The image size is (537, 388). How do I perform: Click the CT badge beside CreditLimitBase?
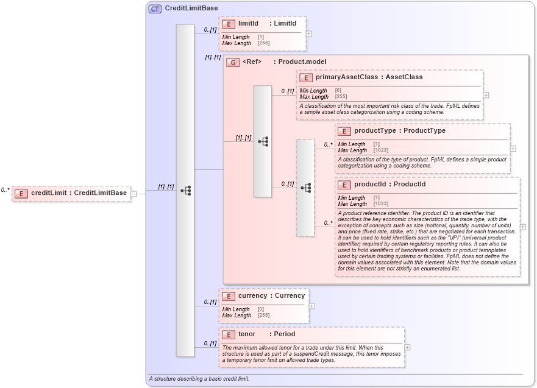tap(155, 9)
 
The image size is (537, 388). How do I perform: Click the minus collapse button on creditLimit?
tap(133, 194)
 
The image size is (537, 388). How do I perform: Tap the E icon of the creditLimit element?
tap(21, 194)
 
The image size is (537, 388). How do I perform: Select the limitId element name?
tap(248, 23)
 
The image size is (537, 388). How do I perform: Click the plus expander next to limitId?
tap(309, 34)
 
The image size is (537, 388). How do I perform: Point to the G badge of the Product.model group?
tap(232, 62)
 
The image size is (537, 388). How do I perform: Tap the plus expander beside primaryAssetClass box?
tap(486, 95)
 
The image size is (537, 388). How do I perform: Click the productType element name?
tap(374, 130)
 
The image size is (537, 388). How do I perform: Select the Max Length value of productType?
tap(380, 150)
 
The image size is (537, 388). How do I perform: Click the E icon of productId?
tap(344, 185)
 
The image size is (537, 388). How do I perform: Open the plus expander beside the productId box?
tap(522, 227)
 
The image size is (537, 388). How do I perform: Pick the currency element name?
tap(252, 296)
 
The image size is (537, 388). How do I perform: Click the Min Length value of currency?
tap(260, 309)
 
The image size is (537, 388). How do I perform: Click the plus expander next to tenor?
tap(407, 347)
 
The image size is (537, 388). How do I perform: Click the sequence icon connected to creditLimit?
tap(185, 191)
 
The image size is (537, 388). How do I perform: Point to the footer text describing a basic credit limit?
tap(199, 379)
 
